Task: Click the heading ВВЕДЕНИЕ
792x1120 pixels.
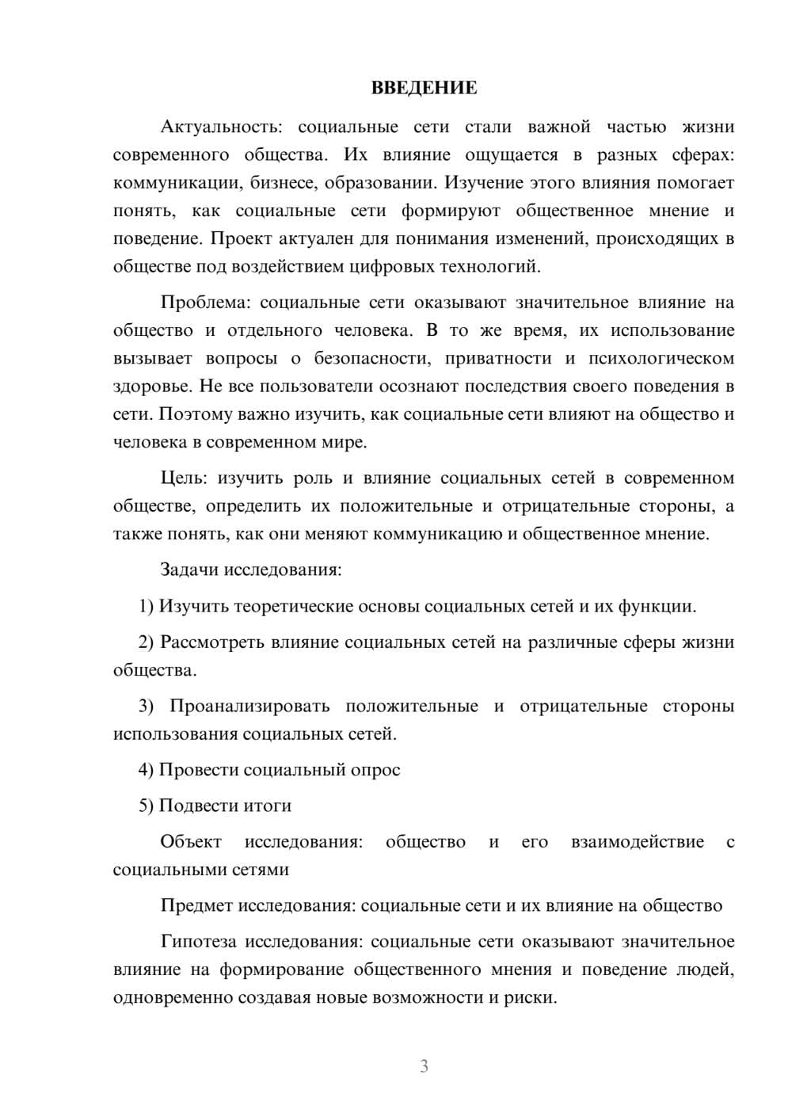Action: (424, 88)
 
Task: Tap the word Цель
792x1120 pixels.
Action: (183, 478)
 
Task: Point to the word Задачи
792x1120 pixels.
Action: (189, 570)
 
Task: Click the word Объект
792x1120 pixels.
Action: (191, 841)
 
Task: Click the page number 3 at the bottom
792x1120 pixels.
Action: (424, 1066)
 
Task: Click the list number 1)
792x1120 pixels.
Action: (146, 607)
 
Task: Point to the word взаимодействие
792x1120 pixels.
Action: (637, 841)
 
